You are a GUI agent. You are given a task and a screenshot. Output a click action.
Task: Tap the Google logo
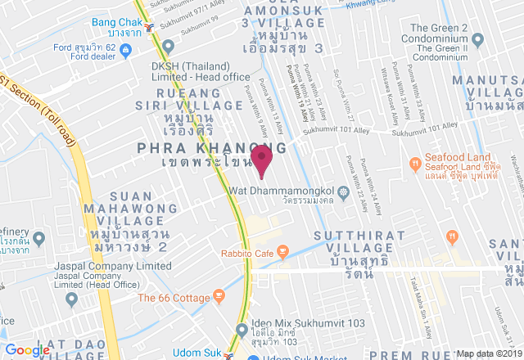(27, 350)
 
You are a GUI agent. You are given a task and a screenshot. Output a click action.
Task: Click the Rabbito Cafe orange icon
(282, 254)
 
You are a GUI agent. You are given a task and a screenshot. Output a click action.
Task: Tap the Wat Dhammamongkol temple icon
(344, 195)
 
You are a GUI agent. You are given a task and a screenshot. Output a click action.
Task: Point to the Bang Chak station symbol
(148, 28)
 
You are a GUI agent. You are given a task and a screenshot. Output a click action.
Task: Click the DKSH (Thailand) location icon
(169, 46)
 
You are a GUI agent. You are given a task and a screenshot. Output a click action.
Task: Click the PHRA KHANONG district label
(212, 147)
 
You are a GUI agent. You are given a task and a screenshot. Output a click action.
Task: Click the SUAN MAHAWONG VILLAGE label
(130, 209)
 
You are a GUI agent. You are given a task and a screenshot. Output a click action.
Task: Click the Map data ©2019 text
(489, 353)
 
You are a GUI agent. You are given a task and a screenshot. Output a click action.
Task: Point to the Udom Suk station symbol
(232, 356)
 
